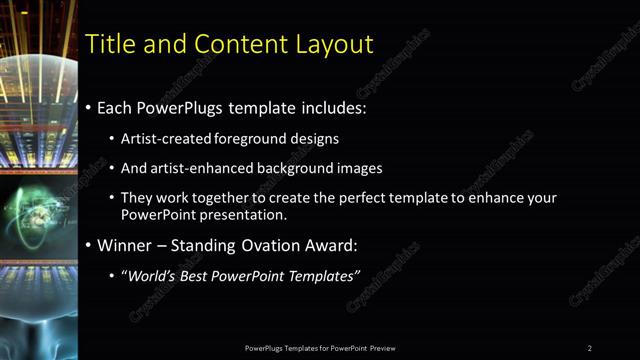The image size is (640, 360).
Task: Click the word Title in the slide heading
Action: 108,44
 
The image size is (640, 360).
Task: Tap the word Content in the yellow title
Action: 230,44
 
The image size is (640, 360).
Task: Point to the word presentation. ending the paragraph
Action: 249,214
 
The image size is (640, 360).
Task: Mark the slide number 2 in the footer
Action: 590,348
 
